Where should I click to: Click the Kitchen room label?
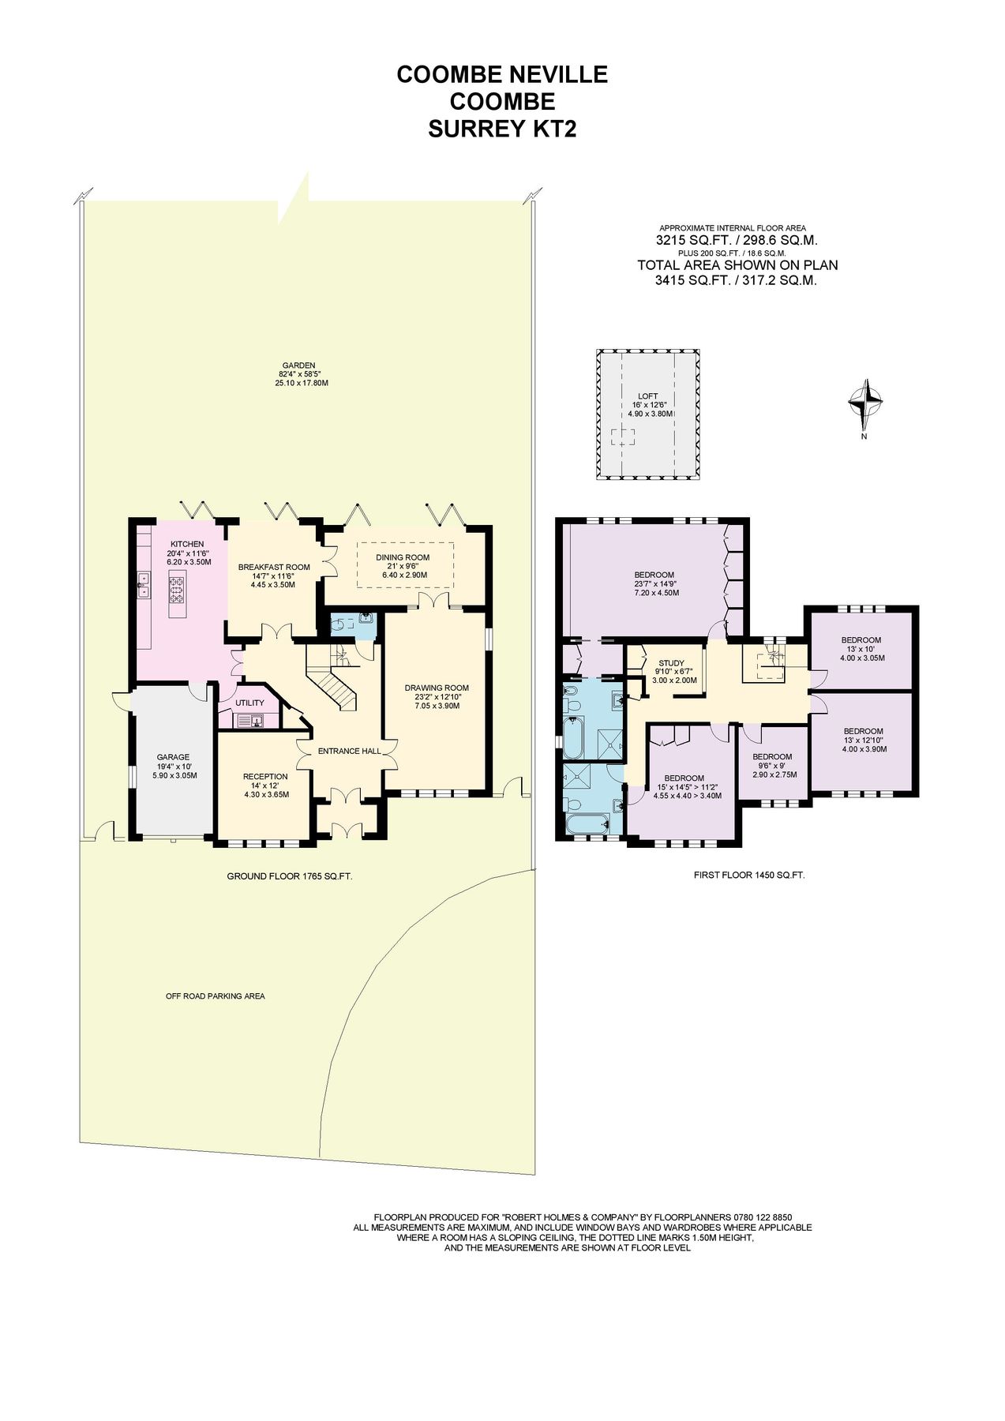187,544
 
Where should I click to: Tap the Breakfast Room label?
274,567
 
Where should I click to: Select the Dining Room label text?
403,557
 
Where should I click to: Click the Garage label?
172,757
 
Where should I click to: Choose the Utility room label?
249,703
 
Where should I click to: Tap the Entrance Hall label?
344,751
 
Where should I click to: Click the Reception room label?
265,776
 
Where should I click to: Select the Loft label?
647,396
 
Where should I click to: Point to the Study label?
671,663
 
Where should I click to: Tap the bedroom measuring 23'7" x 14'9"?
654,575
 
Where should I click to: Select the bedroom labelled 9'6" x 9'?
771,756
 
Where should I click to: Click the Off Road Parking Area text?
215,996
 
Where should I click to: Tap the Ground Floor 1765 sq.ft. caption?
289,876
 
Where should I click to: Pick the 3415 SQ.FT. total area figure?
692,279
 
